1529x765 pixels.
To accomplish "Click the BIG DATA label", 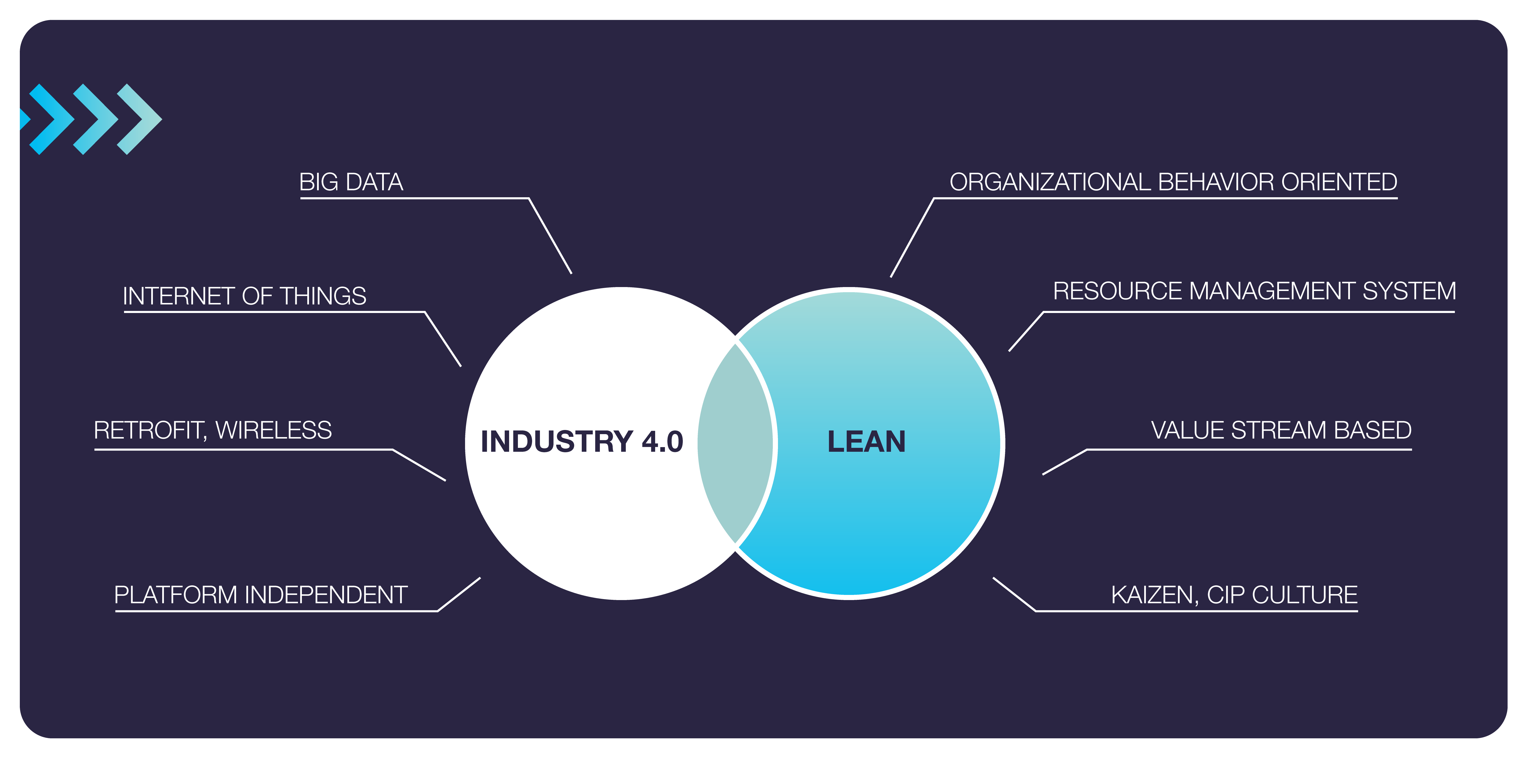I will tap(351, 182).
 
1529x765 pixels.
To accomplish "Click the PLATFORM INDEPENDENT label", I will tap(261, 594).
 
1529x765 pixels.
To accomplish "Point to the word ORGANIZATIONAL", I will tap(1050, 182).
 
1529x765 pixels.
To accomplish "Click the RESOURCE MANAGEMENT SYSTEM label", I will tap(1254, 291).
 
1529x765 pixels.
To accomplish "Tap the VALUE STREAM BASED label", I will tap(1281, 430).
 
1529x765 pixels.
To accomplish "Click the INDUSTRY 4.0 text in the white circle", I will tap(582, 441).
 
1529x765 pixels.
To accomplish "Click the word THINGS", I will tap(323, 296).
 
